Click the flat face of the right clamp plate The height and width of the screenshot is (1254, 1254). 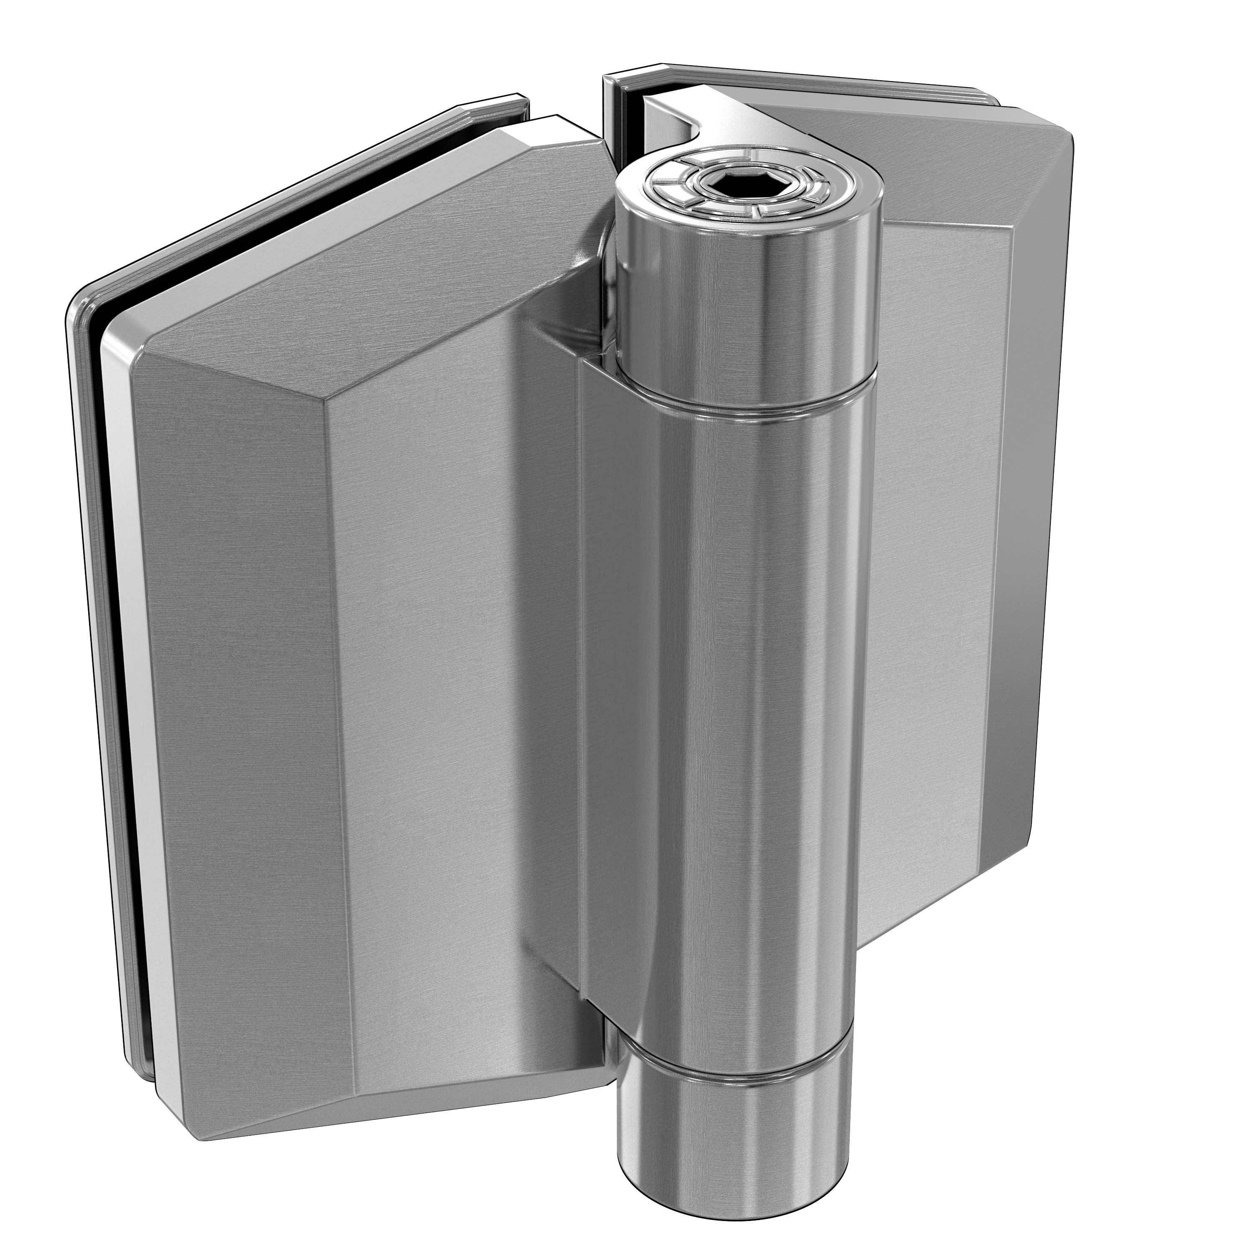(935, 519)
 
